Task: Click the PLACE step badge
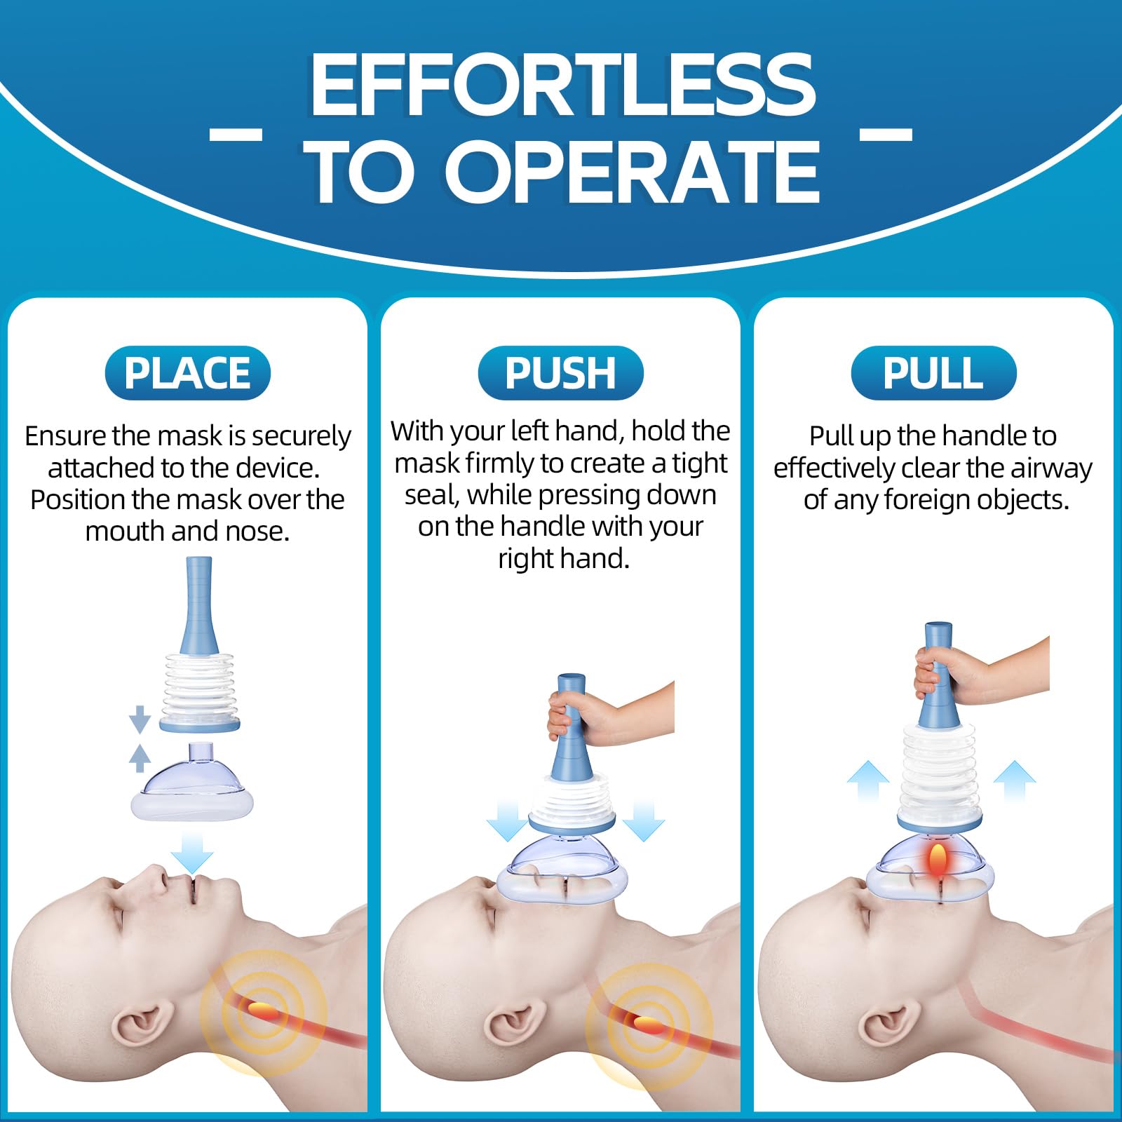tap(187, 373)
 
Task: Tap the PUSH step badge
tap(560, 373)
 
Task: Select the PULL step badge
tap(933, 373)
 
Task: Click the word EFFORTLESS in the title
tap(563, 85)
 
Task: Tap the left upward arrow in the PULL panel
tap(868, 782)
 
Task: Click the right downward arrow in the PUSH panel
tap(644, 820)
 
